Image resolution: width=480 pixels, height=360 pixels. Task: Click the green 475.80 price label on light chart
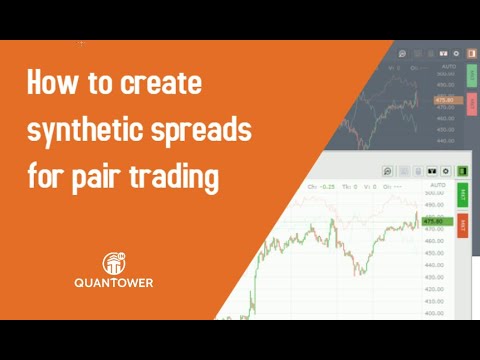click(433, 221)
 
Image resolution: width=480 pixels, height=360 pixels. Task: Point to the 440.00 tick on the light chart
click(434, 265)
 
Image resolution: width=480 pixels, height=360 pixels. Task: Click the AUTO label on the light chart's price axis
click(436, 186)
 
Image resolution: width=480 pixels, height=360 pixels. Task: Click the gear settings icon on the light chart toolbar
click(446, 172)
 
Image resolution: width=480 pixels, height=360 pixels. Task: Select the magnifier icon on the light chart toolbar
click(387, 172)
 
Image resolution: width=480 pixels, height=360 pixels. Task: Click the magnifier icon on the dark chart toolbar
click(401, 53)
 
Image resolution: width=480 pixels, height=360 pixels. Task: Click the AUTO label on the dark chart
click(447, 67)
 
